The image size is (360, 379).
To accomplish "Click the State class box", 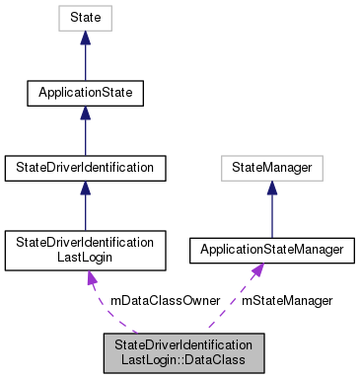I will click(87, 19).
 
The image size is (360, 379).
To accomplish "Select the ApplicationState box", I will click(87, 94).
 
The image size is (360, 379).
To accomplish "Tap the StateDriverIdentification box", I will click(87, 168).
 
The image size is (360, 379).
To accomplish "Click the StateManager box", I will click(271, 168).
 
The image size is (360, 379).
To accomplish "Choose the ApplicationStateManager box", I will click(271, 250).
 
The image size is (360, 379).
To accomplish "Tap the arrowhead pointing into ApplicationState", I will click(87, 114).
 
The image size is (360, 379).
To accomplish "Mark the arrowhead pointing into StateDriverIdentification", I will click(87, 189).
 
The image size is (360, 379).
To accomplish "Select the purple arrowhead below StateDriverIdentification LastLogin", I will click(93, 279).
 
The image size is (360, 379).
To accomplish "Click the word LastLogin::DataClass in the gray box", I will click(184, 362).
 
